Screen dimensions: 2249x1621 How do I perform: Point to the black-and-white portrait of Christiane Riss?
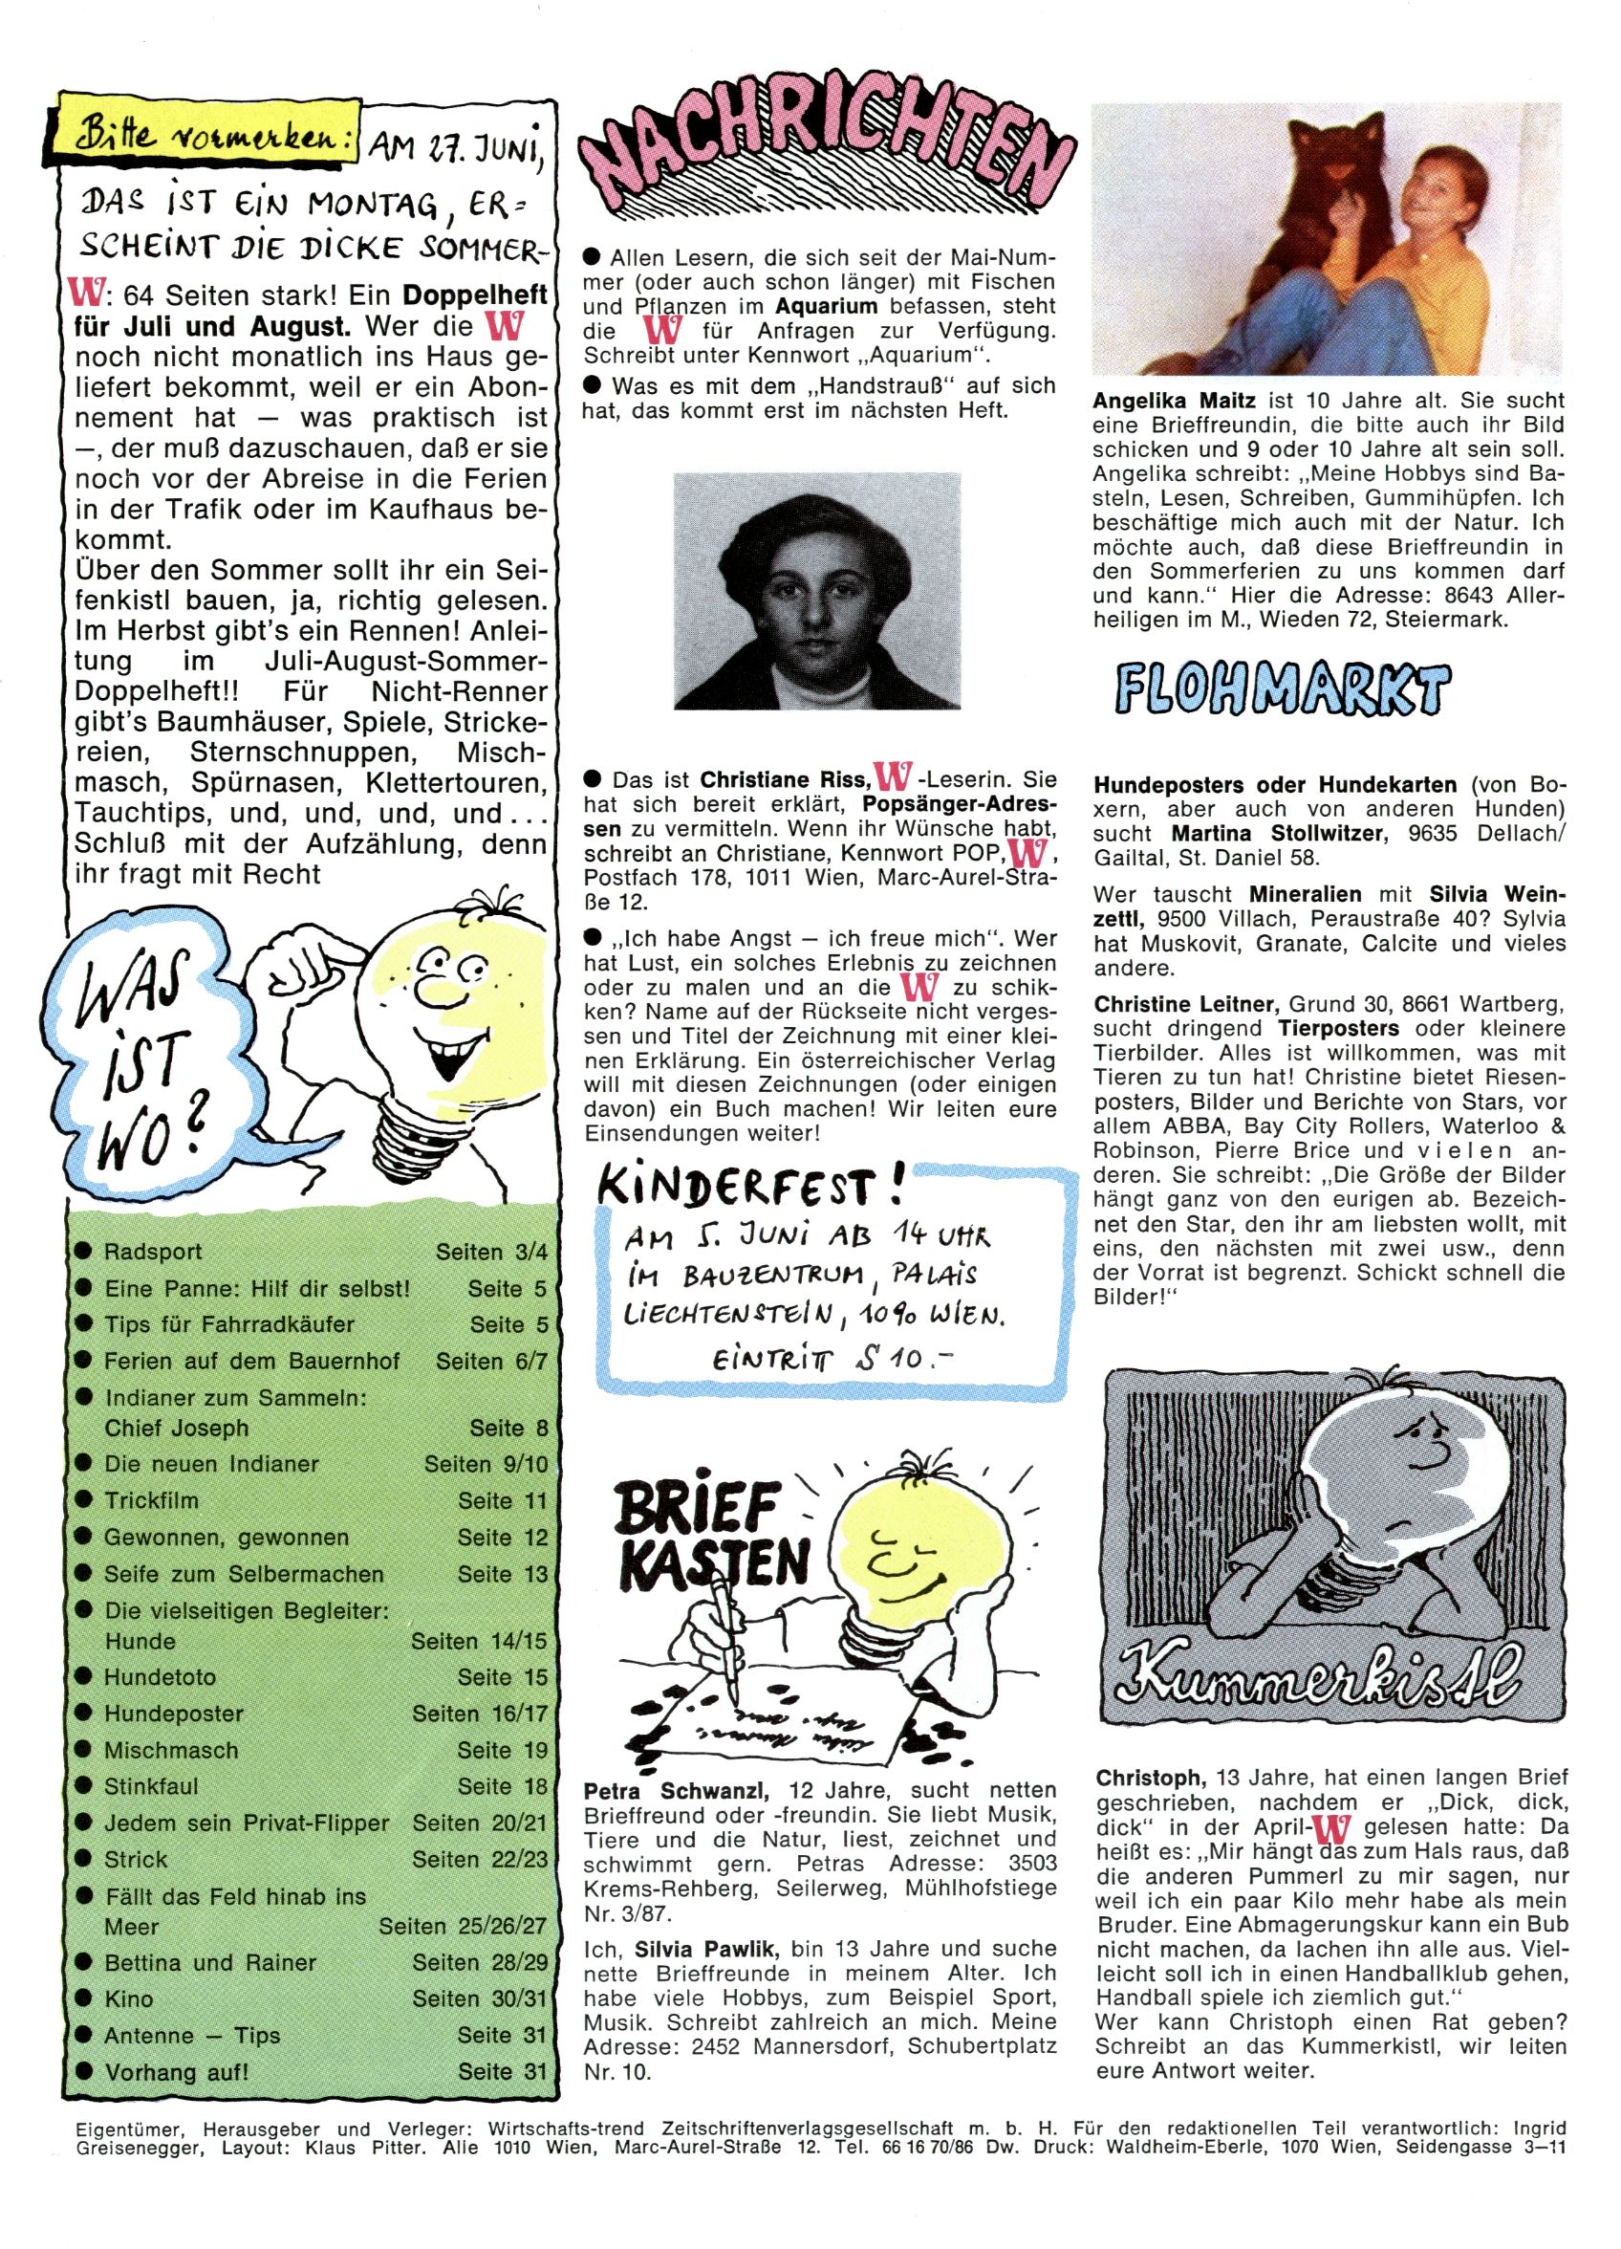tap(816, 591)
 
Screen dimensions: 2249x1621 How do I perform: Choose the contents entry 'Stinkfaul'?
tap(152, 1786)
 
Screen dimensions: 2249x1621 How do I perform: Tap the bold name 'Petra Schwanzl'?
tap(674, 1791)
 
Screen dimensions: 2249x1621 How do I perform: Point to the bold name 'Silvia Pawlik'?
tap(706, 1948)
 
